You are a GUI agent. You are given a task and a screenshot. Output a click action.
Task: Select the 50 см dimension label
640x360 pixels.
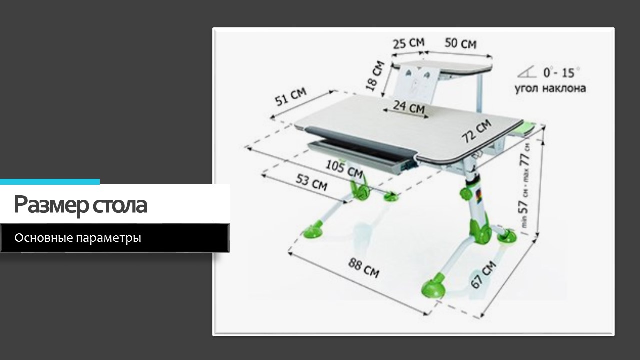coord(461,43)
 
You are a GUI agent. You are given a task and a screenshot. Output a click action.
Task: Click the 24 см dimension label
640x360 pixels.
coord(409,107)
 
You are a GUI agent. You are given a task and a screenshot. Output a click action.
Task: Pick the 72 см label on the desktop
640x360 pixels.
coord(476,131)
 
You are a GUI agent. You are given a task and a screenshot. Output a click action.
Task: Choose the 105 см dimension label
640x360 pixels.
coord(344,169)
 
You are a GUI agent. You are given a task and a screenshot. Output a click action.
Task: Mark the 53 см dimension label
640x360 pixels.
coord(311,183)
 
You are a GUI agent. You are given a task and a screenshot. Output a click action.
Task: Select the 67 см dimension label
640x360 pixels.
coord(483,275)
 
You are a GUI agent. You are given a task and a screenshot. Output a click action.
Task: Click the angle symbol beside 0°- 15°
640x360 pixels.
coord(527,72)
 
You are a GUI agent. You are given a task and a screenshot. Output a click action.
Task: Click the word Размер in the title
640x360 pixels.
coord(51,205)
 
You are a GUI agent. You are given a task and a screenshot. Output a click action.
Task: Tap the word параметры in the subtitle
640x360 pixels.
coord(109,238)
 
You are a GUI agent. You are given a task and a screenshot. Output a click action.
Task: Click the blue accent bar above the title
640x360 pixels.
coord(50,181)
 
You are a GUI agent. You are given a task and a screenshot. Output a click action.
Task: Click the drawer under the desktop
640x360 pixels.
coord(363,156)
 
